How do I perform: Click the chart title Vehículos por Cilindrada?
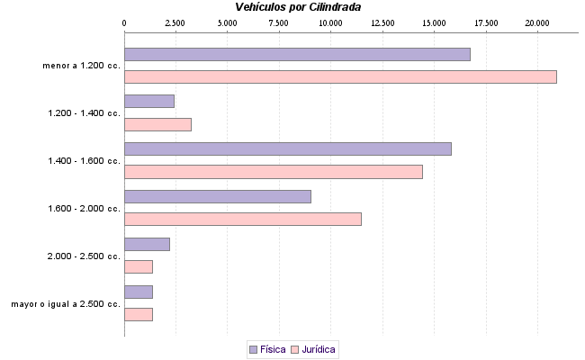point(292,7)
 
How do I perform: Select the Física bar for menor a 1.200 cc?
point(297,54)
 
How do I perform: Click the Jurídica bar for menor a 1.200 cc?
point(340,77)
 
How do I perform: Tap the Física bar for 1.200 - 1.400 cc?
point(149,102)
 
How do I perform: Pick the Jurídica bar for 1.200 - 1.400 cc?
point(157,125)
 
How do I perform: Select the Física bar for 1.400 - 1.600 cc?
point(288,148)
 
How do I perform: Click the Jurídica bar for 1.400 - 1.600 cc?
point(274,172)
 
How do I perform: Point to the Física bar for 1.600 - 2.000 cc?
point(218,196)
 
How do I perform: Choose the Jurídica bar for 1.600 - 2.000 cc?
point(243,220)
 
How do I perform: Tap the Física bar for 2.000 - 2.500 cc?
point(147,244)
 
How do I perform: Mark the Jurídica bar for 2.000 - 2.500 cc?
point(139,267)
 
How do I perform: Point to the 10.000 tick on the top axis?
point(330,22)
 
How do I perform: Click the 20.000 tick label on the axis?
point(537,22)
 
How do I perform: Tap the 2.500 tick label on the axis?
point(175,22)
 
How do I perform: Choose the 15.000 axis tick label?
point(434,22)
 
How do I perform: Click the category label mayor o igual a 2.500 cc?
point(66,304)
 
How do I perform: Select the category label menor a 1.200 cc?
point(81,66)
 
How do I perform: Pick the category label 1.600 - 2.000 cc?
point(84,209)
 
